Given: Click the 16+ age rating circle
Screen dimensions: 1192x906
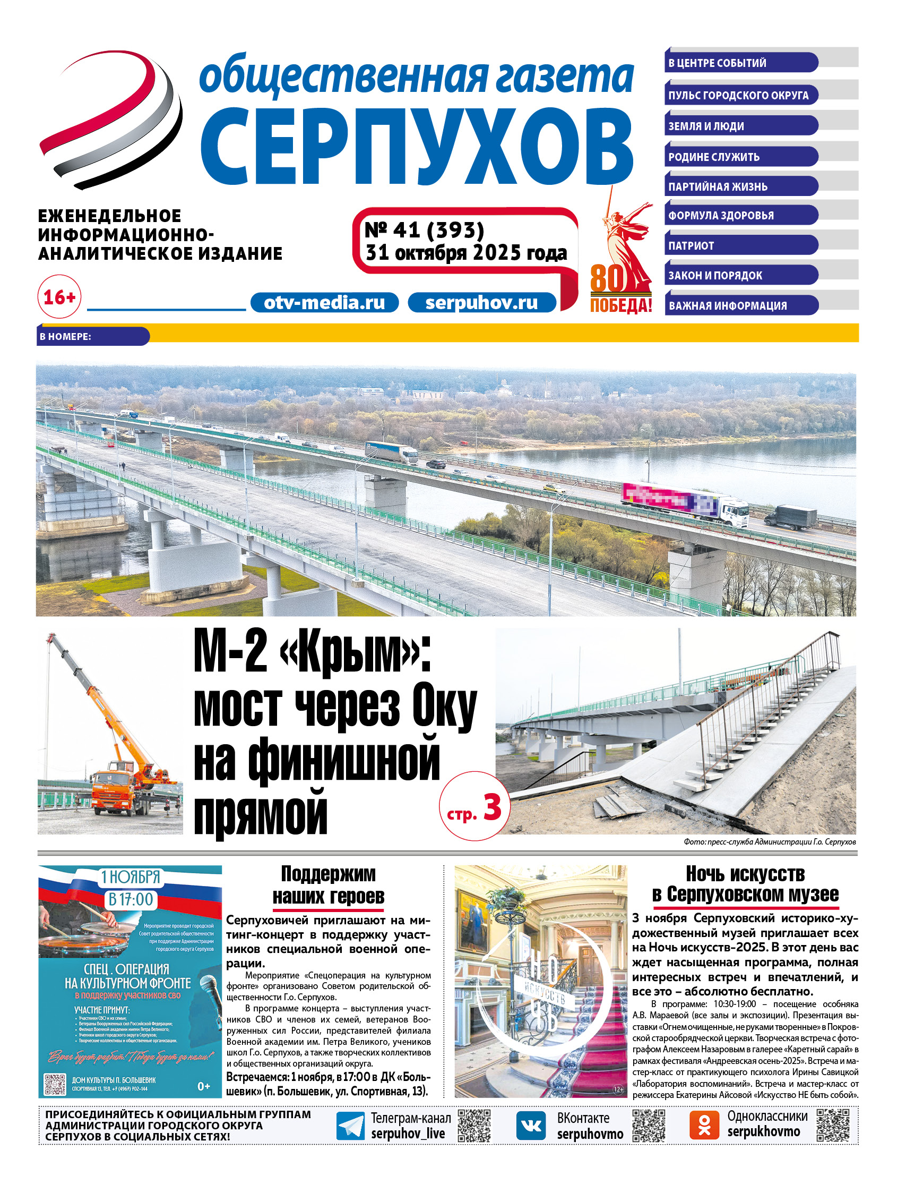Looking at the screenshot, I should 59,297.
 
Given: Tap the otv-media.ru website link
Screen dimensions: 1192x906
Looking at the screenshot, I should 324,303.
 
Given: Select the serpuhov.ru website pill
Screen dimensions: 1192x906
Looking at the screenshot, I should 481,303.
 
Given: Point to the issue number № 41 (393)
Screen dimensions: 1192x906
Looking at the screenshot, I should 425,231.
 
